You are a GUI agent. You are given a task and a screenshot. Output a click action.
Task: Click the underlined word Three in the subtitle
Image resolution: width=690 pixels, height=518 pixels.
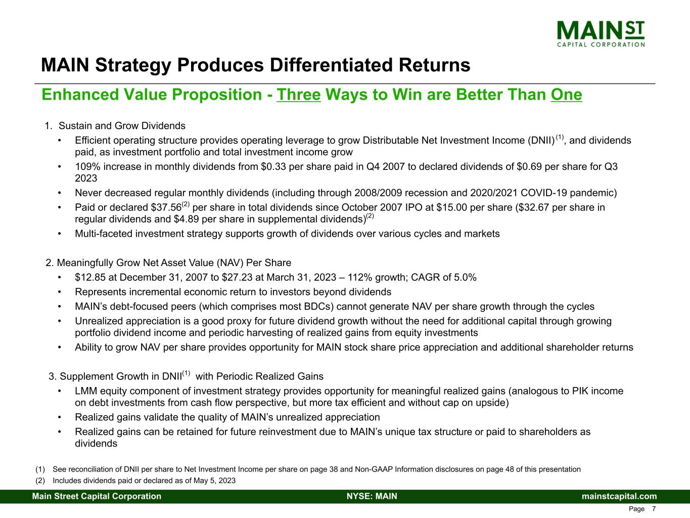(299, 95)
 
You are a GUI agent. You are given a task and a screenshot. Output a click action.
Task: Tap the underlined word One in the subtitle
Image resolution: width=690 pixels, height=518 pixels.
(566, 95)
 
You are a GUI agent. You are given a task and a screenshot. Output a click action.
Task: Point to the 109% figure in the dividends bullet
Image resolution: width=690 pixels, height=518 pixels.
(86, 166)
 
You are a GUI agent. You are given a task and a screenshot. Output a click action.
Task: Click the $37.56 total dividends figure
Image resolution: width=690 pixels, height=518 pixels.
(165, 207)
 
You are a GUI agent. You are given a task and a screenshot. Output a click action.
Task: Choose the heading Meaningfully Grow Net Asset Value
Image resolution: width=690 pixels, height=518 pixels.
(174, 263)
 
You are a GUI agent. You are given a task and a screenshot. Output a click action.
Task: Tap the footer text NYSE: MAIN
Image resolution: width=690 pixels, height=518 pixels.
(372, 496)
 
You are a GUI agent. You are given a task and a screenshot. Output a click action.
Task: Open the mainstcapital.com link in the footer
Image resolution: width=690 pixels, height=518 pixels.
(619, 496)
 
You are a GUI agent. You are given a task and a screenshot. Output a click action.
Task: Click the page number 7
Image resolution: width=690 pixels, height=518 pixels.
(654, 509)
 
